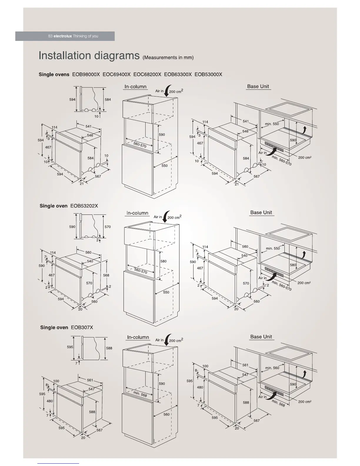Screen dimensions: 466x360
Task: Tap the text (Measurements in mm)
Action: click(168, 57)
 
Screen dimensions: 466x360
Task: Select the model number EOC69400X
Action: click(116, 74)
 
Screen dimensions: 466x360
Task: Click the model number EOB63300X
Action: click(178, 74)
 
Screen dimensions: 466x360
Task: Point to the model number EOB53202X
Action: click(84, 206)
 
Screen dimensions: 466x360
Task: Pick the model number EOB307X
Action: click(82, 327)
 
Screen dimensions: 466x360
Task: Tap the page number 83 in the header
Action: click(50, 36)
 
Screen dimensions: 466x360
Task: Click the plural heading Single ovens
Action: click(54, 74)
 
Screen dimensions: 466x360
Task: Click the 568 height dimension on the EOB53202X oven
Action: click(106, 275)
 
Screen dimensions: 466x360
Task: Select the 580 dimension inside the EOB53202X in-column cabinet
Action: click(163, 261)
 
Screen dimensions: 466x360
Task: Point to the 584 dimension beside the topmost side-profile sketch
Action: click(108, 99)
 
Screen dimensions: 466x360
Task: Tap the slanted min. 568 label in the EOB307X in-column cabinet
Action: click(140, 394)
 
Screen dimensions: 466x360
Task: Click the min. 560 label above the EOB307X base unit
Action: click(272, 368)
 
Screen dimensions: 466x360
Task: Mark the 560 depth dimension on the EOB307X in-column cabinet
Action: click(166, 414)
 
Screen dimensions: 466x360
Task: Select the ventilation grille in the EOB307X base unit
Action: click(274, 390)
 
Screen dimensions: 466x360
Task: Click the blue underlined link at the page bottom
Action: click(58, 463)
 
